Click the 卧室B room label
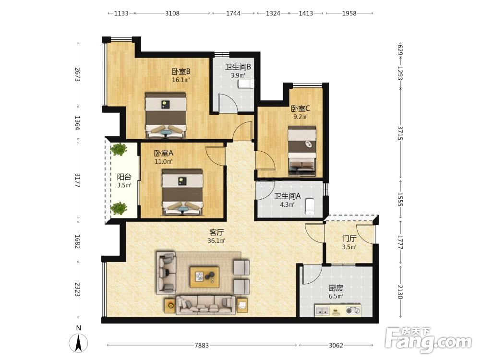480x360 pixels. point(181,72)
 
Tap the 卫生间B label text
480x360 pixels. point(238,67)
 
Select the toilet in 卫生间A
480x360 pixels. point(310,206)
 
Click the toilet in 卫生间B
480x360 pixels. point(246,83)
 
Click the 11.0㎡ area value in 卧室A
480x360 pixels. point(164,161)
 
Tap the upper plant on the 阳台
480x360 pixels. point(119,149)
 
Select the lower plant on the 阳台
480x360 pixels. point(119,208)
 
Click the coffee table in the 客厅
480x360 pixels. point(204,277)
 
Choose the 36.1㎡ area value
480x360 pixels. point(216,240)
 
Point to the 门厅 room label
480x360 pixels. point(349,239)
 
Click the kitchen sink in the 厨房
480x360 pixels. point(322,311)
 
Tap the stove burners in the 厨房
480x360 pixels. point(353,311)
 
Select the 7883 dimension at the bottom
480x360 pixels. point(202,345)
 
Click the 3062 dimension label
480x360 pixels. point(336,345)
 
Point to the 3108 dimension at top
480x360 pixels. point(172,13)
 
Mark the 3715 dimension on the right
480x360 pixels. point(400,133)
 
